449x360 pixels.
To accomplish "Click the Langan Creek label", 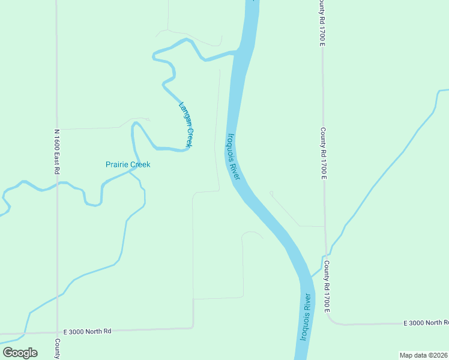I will tap(185, 125).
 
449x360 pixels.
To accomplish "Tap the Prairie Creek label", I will tap(128, 164).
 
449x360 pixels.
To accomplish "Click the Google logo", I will tap(20, 353).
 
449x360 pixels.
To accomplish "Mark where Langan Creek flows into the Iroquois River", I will tap(236, 53).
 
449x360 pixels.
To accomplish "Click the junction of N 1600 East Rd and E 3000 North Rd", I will tap(58, 331).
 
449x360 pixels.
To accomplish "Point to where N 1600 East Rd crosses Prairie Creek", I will tap(57, 184).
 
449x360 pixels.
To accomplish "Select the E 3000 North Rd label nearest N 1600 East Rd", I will tap(88, 331).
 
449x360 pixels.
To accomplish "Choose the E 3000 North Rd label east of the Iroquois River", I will tap(426, 323).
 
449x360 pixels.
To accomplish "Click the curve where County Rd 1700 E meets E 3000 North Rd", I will tap(332, 320).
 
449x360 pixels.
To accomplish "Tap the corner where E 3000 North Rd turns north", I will tap(193, 327).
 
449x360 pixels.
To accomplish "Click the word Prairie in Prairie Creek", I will tap(116, 164).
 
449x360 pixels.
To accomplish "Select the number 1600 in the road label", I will tap(57, 148).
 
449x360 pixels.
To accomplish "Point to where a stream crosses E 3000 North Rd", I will tap(24, 333).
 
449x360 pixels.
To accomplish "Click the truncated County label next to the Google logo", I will tap(57, 349).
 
